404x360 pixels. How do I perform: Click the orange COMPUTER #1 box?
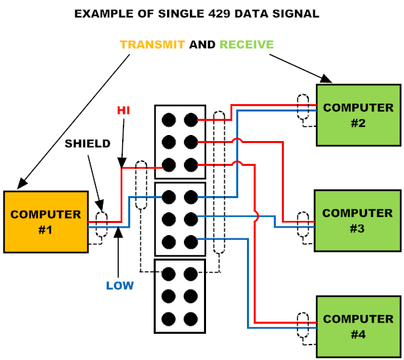[x=46, y=222]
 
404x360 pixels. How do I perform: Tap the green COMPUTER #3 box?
[x=358, y=220]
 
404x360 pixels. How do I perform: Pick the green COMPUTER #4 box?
[x=358, y=326]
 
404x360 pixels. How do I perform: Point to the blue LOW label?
[x=120, y=285]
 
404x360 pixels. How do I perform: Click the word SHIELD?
[x=87, y=143]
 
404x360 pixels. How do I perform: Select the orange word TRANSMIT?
[x=154, y=45]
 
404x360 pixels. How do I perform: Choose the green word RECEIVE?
[x=246, y=45]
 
